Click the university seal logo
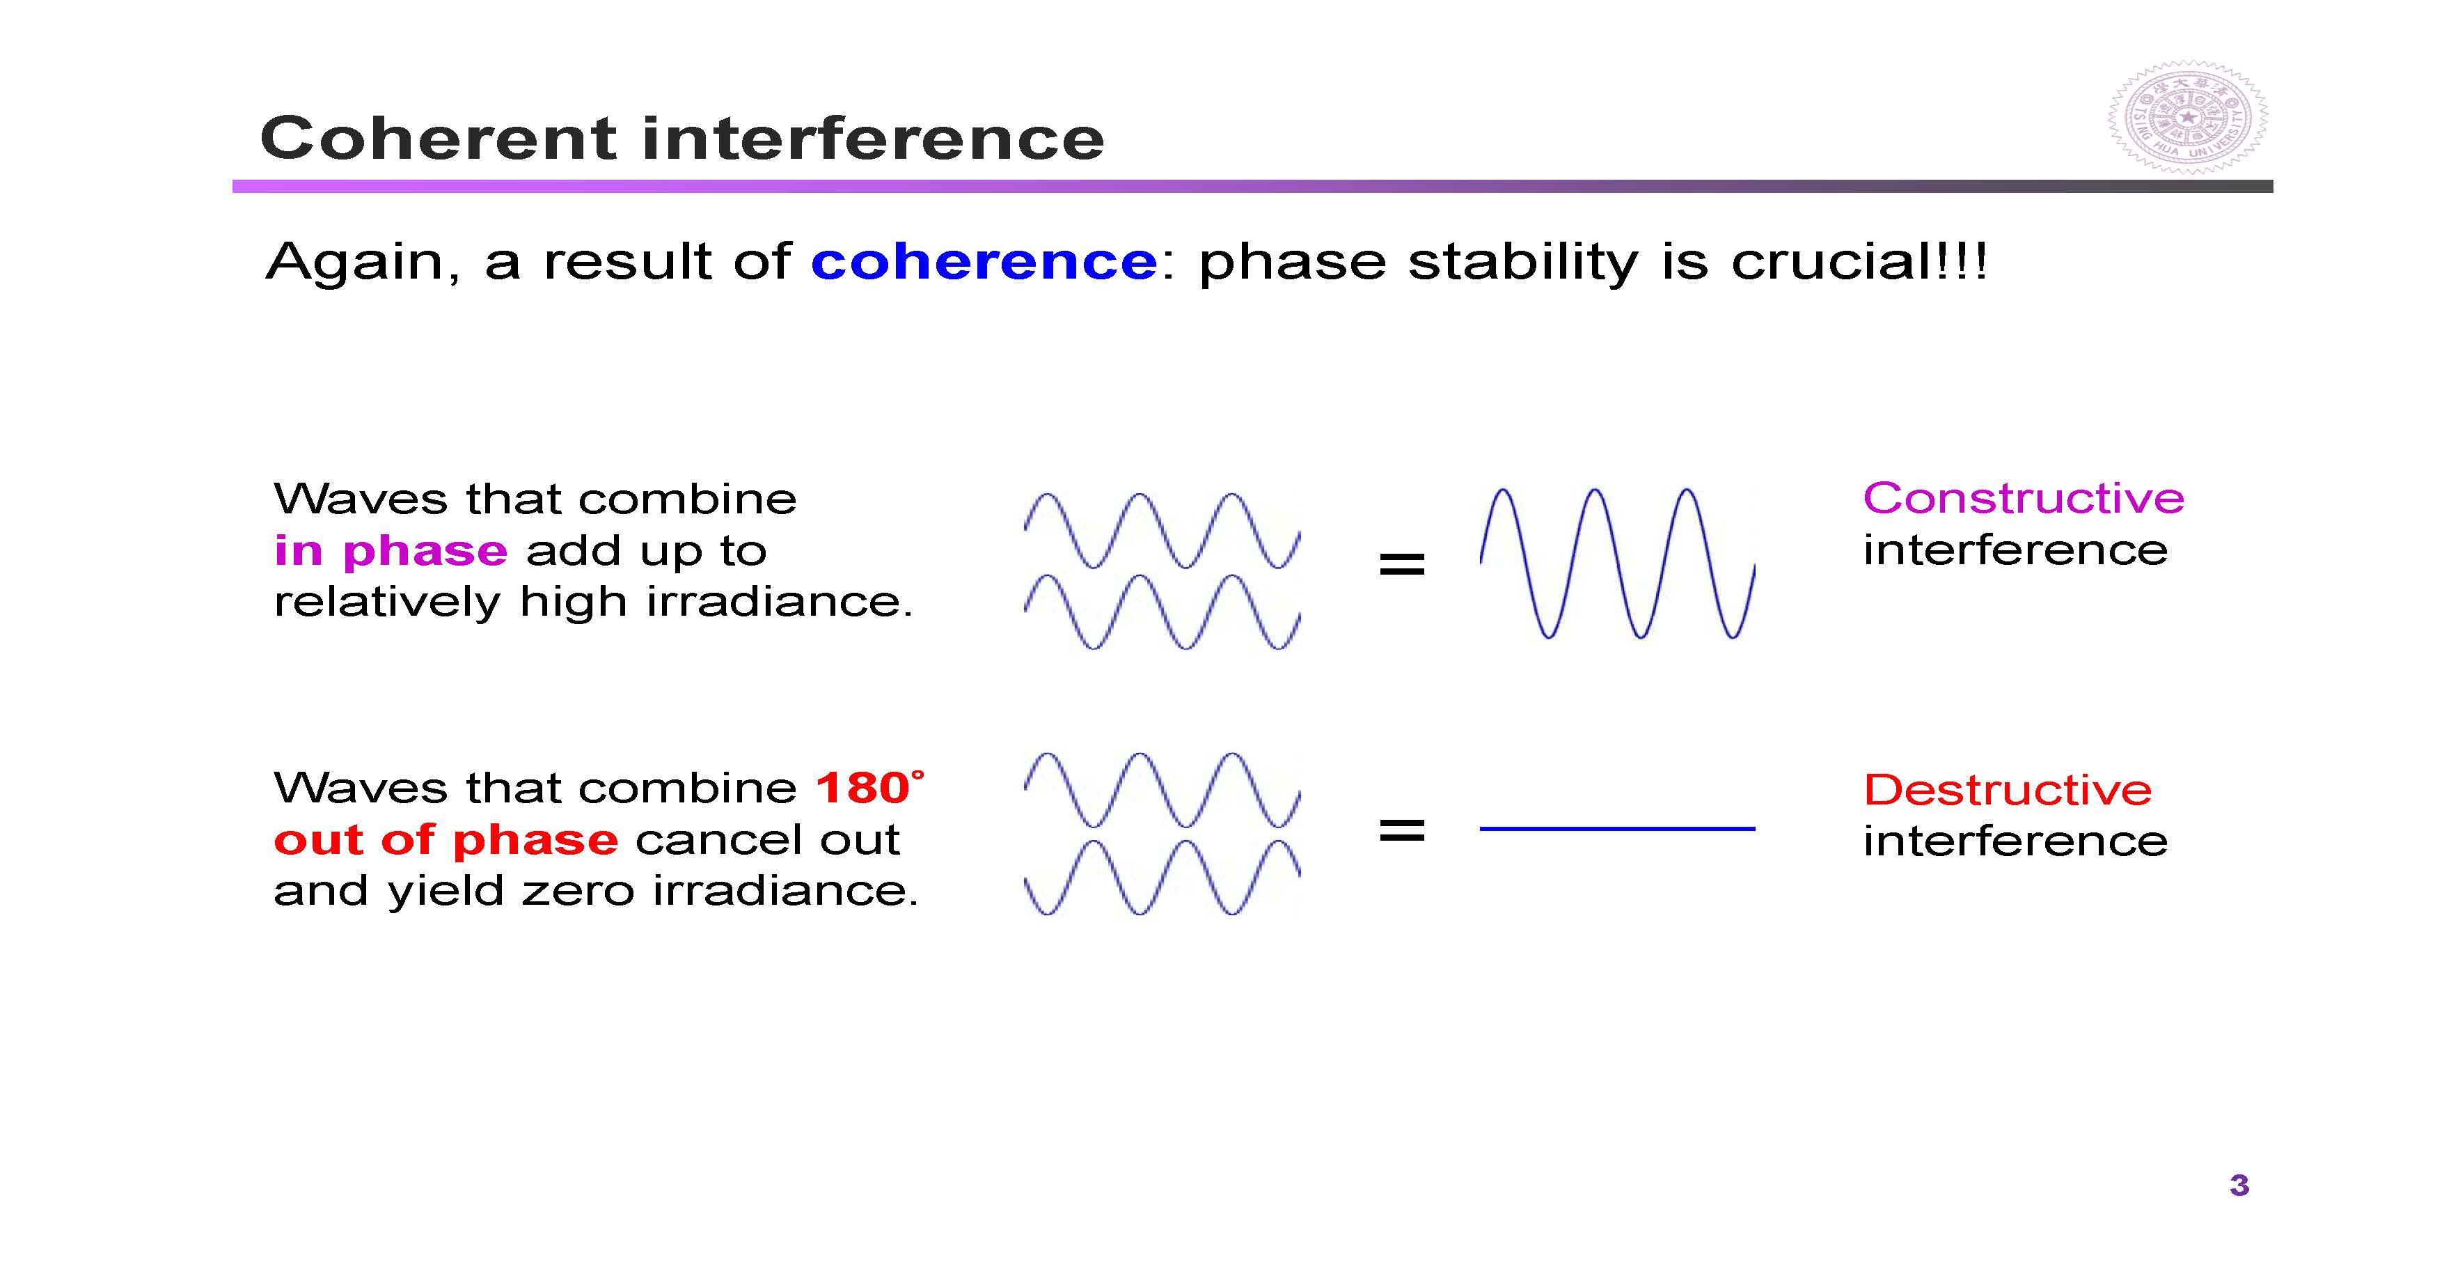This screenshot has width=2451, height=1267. pos(2187,118)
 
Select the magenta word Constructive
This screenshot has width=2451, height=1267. pos(2024,499)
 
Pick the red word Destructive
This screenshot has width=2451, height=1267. pos(2008,790)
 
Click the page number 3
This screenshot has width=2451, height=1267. pos(2239,1185)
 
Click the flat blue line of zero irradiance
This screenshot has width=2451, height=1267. pos(1618,829)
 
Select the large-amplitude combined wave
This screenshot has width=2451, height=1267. pos(1618,563)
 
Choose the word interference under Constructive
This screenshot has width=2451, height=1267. pos(2015,551)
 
